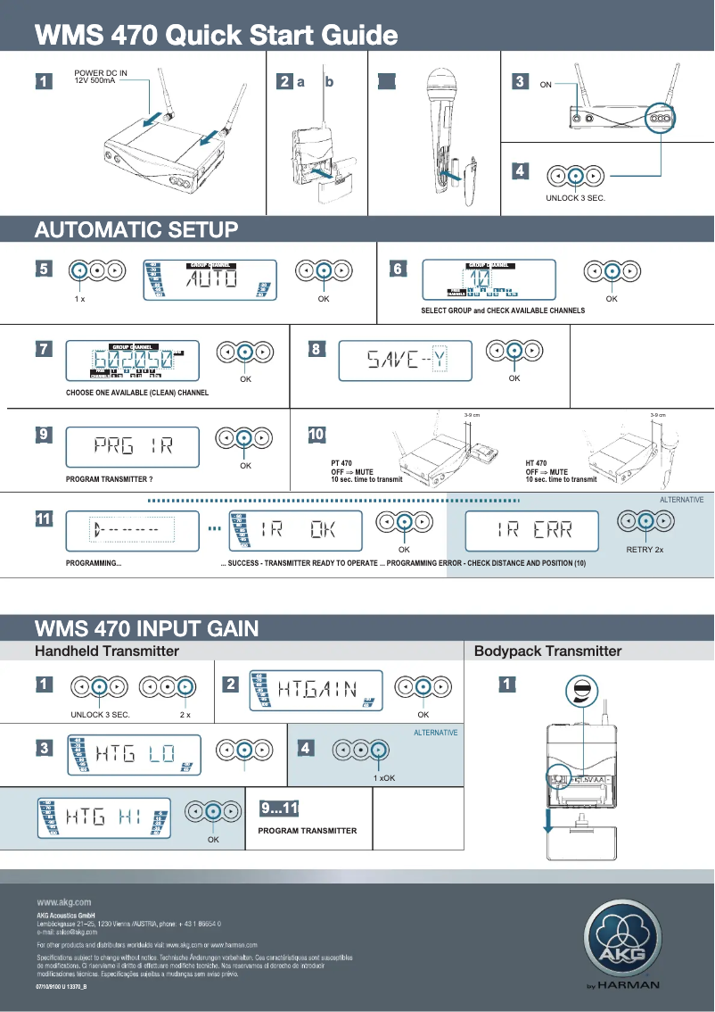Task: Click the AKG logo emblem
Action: tap(622, 941)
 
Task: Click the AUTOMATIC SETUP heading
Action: tap(136, 229)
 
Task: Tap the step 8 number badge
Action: tap(315, 350)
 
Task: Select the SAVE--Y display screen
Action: tap(407, 360)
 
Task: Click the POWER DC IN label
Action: tap(100, 76)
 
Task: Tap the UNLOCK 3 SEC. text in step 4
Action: tap(575, 197)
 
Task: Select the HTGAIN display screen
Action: tap(316, 690)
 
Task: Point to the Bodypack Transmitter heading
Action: tap(547, 651)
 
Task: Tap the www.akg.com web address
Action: tap(63, 902)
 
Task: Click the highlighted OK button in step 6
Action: tap(612, 272)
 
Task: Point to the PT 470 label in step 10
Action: tap(340, 464)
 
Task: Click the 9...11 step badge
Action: tap(278, 809)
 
